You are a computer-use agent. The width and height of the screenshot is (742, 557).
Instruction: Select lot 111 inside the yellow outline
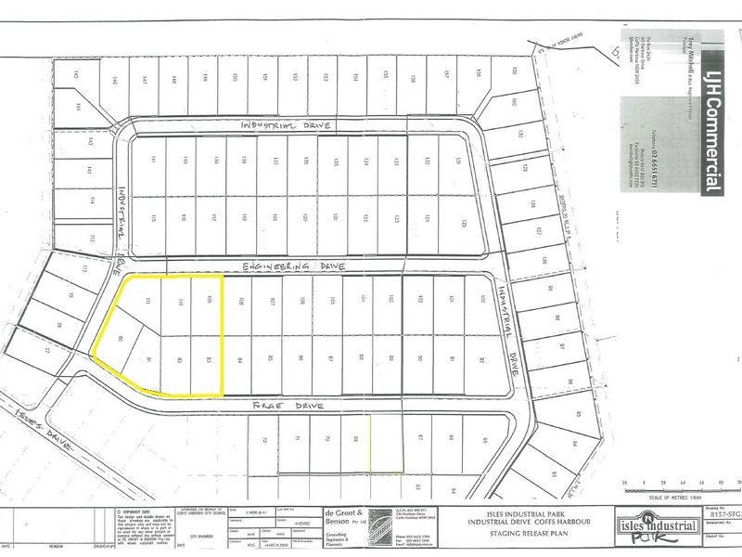[x=149, y=301]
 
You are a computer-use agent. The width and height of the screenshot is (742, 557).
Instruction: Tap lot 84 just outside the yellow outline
[x=239, y=359]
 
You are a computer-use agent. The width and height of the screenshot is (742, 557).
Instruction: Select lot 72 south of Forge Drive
[x=264, y=440]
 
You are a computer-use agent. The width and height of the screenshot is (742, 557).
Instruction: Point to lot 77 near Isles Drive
[x=45, y=350]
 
